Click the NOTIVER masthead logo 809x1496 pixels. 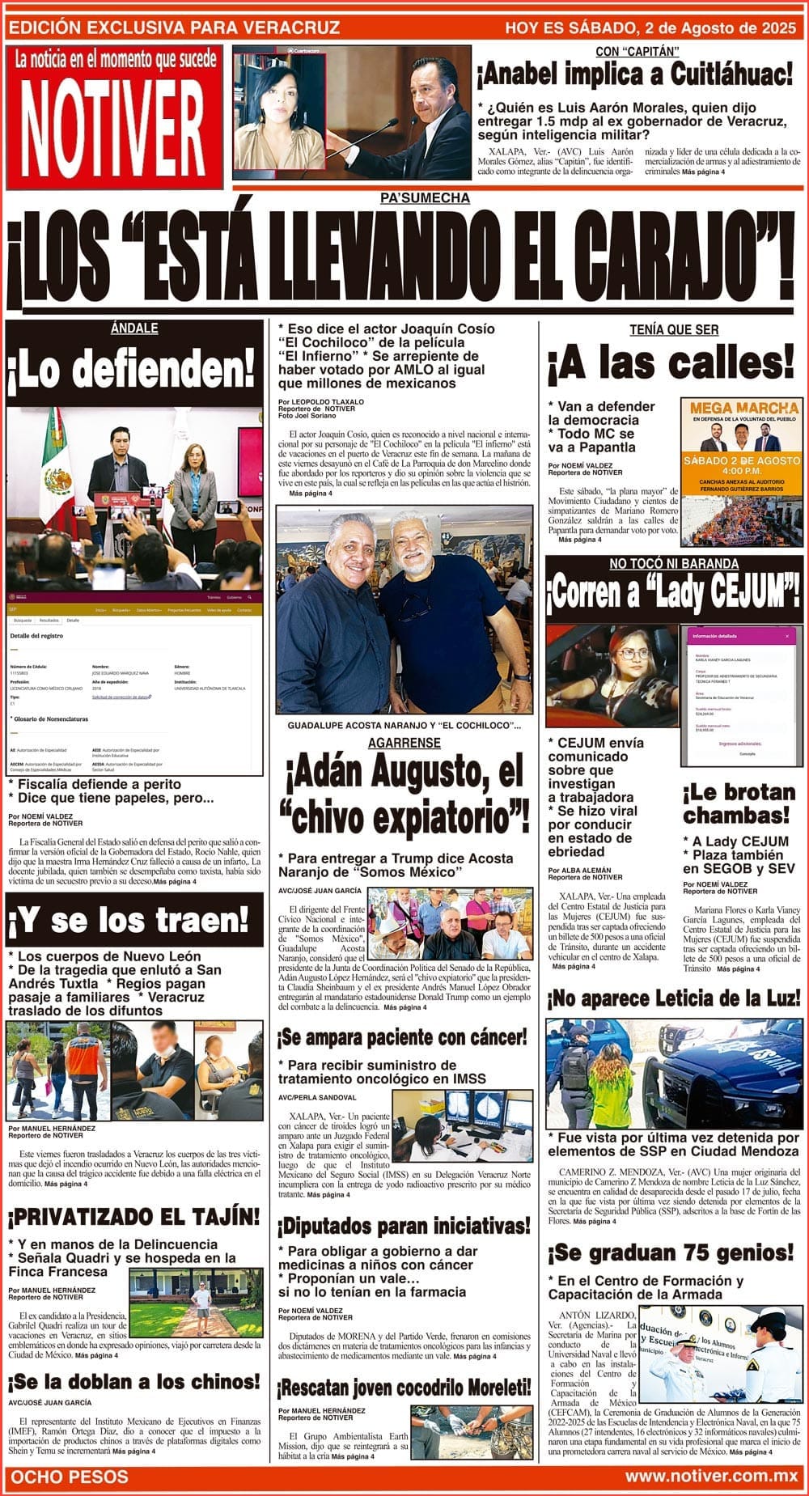point(112,127)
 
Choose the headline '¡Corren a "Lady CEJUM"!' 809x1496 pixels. point(674,594)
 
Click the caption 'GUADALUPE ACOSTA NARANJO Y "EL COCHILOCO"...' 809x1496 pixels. point(404,726)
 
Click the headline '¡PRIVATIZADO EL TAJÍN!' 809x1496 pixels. point(134,1216)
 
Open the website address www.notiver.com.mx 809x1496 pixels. point(711,1477)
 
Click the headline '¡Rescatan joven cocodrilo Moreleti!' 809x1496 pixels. point(404,1388)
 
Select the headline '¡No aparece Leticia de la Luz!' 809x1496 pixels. point(674,998)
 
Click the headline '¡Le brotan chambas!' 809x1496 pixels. point(739,803)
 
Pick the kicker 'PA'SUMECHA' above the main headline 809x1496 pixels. point(425,198)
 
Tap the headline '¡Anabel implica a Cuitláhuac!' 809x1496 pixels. point(635,75)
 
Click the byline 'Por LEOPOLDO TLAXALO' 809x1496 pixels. point(321,401)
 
